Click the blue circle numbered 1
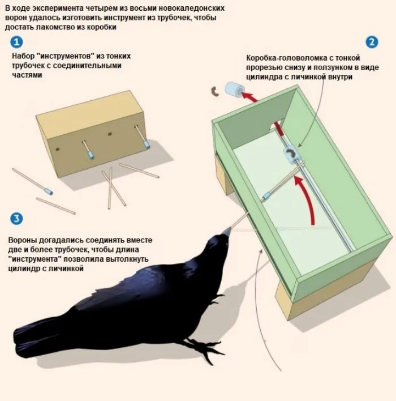point(16,42)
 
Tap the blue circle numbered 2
point(372,42)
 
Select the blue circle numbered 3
point(16,219)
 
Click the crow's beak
point(227,232)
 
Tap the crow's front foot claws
point(204,349)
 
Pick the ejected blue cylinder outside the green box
point(234,89)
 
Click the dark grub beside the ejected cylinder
point(215,92)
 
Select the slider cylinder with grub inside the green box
point(291,155)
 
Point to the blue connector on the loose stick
point(49,191)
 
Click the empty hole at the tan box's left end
point(58,149)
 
